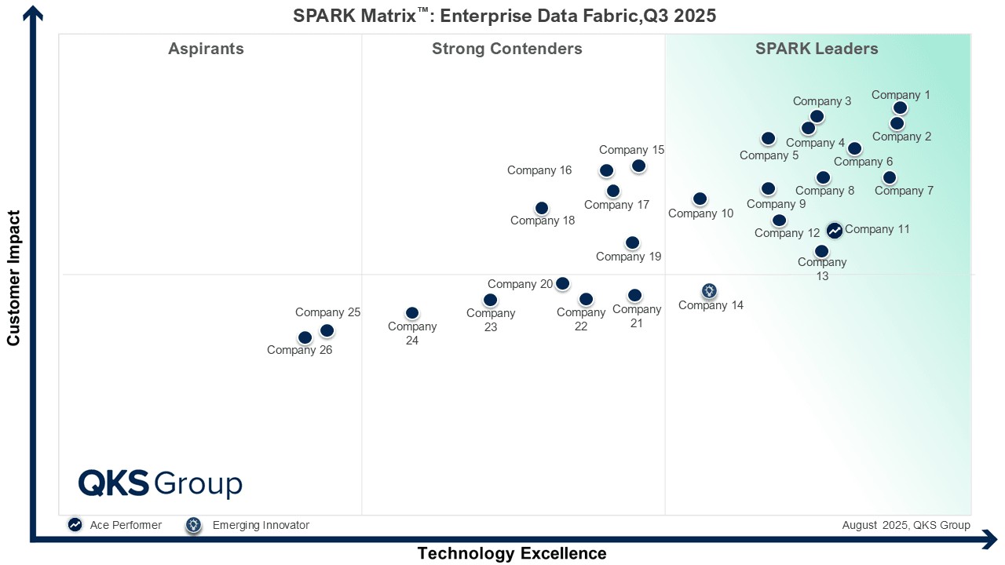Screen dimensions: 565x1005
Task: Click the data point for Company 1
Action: coord(901,108)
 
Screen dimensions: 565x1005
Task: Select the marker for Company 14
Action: coord(709,291)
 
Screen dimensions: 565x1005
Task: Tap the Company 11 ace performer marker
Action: coord(835,231)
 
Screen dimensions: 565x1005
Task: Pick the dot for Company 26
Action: coord(305,337)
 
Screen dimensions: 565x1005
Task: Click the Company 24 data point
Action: coord(412,313)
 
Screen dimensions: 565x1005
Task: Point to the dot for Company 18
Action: coord(542,208)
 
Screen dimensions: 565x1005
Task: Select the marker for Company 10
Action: coord(700,199)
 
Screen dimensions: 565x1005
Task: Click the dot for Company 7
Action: coord(889,177)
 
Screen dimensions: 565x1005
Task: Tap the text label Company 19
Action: coord(629,256)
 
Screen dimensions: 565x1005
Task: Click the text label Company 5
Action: coord(769,155)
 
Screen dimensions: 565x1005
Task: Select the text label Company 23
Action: coord(491,320)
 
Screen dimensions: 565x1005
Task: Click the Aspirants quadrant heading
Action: coord(206,49)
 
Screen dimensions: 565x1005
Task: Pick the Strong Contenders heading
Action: coord(507,49)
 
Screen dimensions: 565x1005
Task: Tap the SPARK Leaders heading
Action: coord(817,49)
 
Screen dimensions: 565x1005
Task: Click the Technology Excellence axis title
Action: coord(512,553)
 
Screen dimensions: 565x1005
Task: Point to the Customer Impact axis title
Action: coord(13,277)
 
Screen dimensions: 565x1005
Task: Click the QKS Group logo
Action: coord(160,483)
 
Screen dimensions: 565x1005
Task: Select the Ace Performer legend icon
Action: coord(75,525)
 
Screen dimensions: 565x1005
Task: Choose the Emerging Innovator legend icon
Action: coord(193,525)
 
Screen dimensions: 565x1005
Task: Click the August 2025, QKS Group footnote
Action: coord(906,525)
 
